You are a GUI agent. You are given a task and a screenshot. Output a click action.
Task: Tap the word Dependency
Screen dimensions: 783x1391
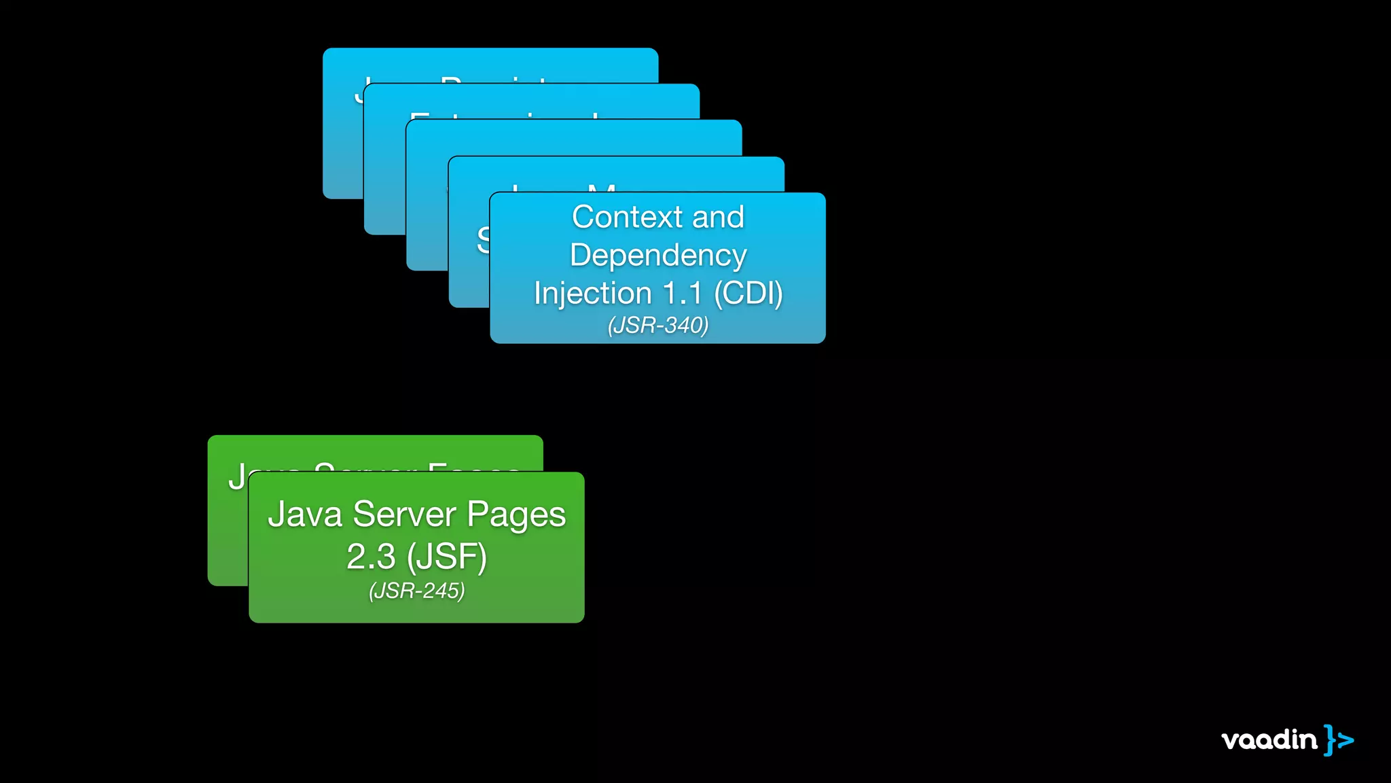[657, 256]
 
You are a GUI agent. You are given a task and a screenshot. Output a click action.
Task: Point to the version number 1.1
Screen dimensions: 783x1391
[682, 294]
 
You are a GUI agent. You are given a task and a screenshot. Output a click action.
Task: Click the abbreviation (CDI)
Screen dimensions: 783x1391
[748, 294]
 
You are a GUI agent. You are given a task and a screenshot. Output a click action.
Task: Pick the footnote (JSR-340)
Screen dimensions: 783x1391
[657, 326]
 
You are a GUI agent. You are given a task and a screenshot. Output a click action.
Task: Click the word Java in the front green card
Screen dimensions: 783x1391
[305, 514]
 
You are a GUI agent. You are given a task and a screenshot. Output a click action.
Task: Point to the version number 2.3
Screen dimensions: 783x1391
[371, 557]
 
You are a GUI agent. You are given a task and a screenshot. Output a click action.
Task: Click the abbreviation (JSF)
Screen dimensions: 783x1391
[447, 557]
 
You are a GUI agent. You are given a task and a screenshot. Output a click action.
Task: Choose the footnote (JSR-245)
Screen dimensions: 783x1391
[416, 591]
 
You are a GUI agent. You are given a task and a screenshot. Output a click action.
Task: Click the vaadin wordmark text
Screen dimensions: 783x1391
[1269, 739]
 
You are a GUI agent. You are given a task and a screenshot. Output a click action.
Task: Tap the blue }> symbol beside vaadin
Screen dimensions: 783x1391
[1339, 739]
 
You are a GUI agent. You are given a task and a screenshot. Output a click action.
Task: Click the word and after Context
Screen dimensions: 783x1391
[718, 217]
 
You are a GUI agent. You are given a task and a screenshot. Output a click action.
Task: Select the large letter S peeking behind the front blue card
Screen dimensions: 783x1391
[483, 239]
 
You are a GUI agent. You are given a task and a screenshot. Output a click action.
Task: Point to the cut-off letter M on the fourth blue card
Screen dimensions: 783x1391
[602, 188]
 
